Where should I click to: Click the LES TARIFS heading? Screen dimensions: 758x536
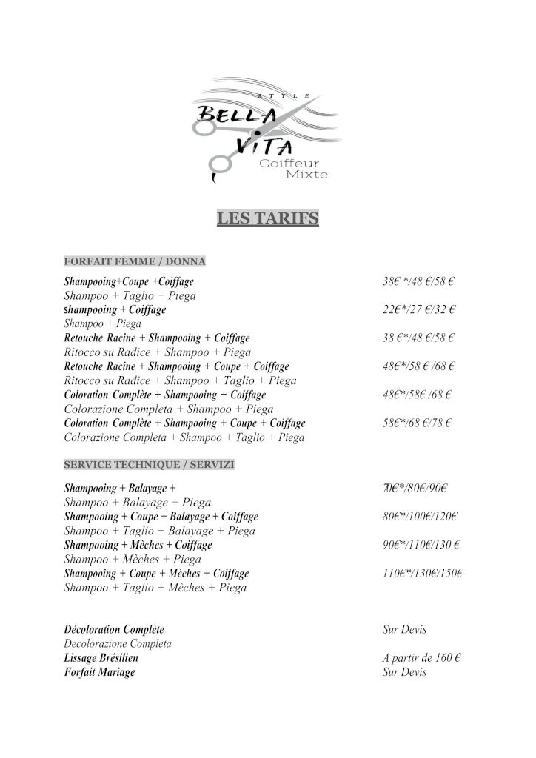click(267, 218)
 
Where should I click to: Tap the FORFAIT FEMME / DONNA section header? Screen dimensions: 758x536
click(135, 261)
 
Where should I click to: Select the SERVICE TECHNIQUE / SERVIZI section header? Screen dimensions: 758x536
click(149, 464)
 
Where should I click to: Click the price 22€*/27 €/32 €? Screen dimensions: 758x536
click(418, 309)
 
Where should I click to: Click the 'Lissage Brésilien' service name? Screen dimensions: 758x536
click(101, 657)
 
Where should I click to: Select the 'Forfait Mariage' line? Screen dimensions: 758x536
click(100, 672)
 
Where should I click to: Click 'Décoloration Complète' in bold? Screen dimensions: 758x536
click(114, 630)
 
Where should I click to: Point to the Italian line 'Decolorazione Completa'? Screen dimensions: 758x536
click(118, 644)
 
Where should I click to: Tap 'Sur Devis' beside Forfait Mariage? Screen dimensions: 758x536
click(404, 672)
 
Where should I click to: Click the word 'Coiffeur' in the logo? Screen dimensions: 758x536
click(289, 164)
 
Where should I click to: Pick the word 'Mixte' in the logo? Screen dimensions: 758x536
click(306, 175)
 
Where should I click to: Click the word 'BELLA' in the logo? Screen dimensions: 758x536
click(235, 115)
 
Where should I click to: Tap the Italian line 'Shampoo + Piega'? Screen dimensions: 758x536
click(103, 323)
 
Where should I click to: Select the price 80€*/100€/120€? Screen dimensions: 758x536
click(420, 517)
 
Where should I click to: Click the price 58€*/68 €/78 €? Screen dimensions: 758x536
click(417, 423)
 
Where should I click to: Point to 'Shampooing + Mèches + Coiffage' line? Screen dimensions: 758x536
click(138, 545)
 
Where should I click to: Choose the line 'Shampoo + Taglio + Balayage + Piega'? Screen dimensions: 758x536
click(160, 531)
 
